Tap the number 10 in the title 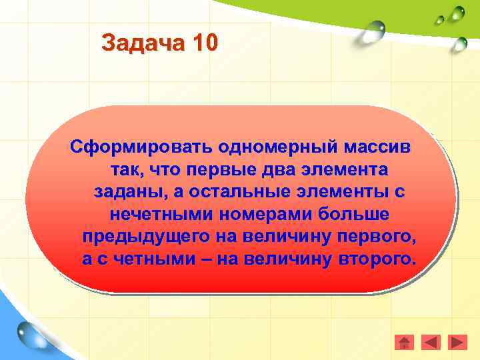click(x=203, y=43)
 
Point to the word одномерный click(x=241, y=145)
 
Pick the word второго click(x=377, y=261)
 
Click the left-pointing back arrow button click(x=431, y=342)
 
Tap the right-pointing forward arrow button click(x=458, y=342)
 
